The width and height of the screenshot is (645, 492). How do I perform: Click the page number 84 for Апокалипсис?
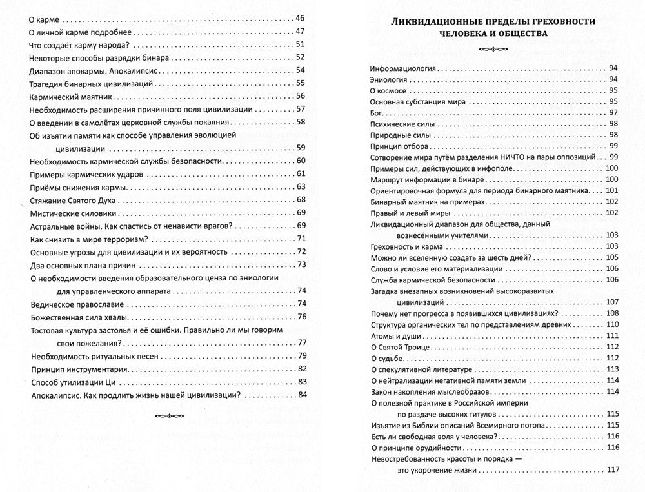pyautogui.click(x=299, y=395)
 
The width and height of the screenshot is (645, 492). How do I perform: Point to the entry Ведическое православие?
pyautogui.click(x=73, y=304)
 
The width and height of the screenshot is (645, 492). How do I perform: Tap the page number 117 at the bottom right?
pyautogui.click(x=612, y=470)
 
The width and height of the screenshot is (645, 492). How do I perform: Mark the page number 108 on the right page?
pyautogui.click(x=612, y=313)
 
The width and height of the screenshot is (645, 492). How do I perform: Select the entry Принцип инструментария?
pyautogui.click(x=77, y=369)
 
